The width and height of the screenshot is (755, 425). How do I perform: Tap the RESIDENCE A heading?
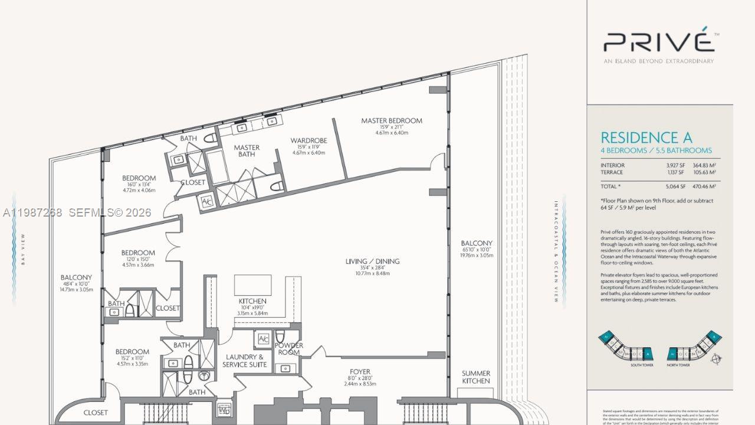click(x=646, y=138)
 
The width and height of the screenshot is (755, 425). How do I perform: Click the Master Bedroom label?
click(x=392, y=121)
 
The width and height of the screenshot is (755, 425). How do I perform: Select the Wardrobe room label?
click(x=308, y=140)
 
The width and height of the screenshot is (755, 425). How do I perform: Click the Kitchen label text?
click(x=252, y=301)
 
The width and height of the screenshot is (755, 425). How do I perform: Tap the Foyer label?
click(x=359, y=371)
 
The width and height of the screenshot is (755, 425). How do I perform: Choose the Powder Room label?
click(x=289, y=349)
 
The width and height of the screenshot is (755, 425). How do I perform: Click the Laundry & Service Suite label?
click(x=245, y=361)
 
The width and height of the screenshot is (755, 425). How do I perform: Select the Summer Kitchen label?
click(x=475, y=377)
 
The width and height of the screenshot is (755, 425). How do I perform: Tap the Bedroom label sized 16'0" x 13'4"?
click(x=139, y=178)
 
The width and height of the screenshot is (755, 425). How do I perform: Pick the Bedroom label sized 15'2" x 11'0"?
click(x=132, y=352)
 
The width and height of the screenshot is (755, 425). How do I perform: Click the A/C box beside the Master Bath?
click(x=206, y=201)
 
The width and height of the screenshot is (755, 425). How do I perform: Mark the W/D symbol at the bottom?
click(x=224, y=408)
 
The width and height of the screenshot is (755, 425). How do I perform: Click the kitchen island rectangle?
click(x=252, y=285)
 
